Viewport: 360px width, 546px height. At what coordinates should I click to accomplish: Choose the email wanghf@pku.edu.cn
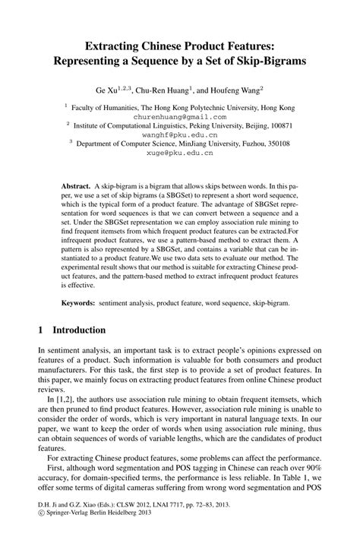180,134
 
